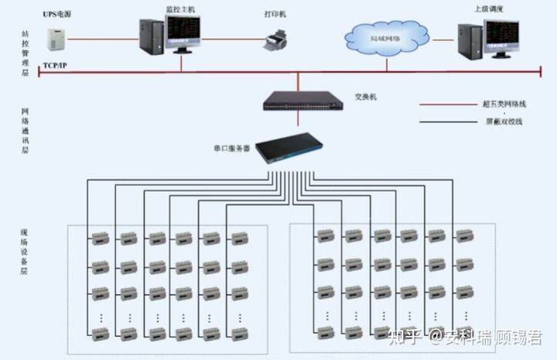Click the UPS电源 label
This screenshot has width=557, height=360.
58,15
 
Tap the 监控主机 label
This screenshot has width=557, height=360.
181,9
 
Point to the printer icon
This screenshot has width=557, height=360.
275,38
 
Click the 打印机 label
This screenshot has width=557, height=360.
275,14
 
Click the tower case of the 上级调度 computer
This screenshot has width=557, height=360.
469,43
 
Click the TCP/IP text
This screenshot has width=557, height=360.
55,67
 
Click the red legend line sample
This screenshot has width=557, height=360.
444,103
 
